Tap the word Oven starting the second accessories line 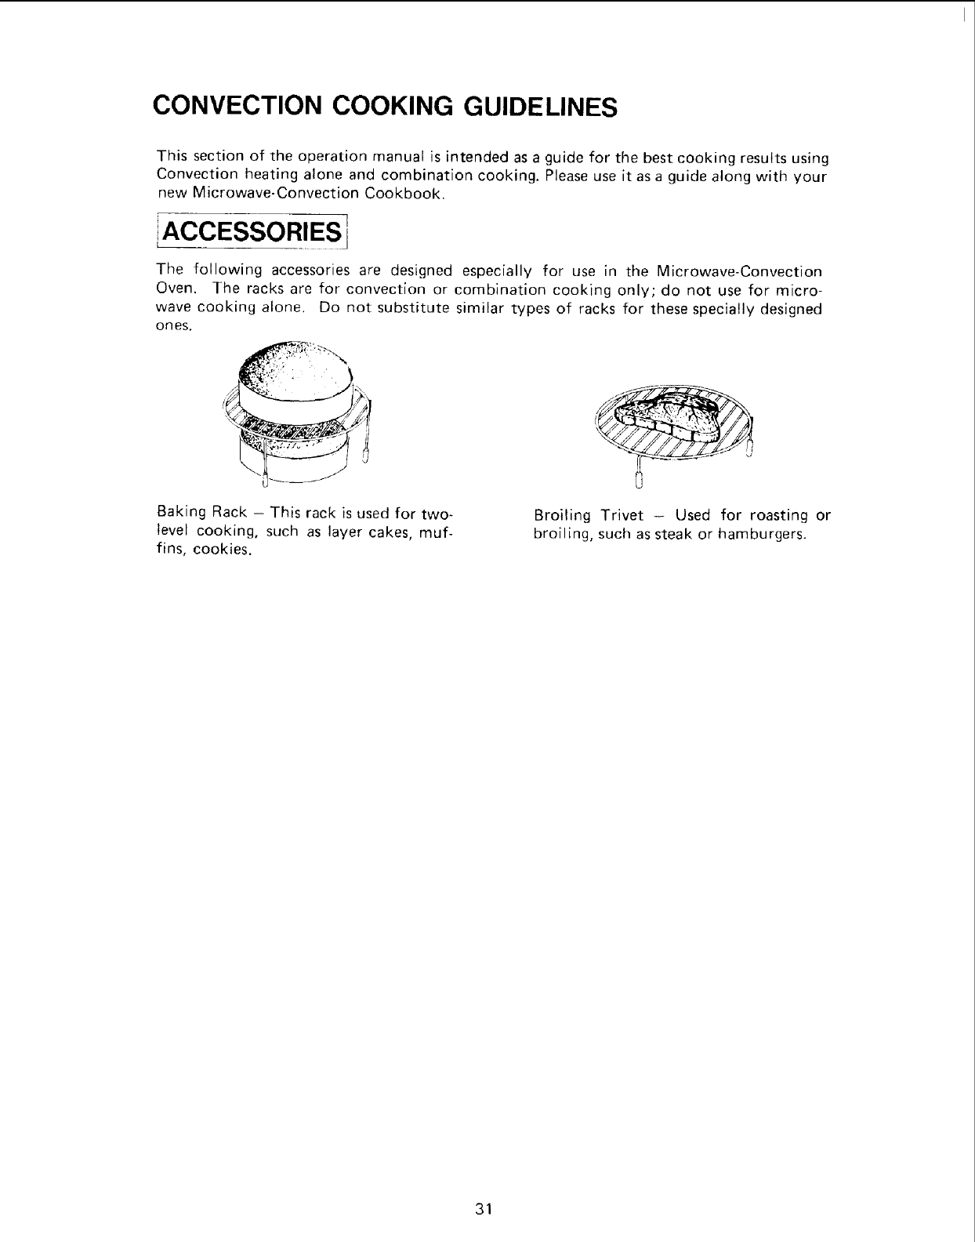tap(174, 289)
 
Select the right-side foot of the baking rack tap(365, 453)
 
